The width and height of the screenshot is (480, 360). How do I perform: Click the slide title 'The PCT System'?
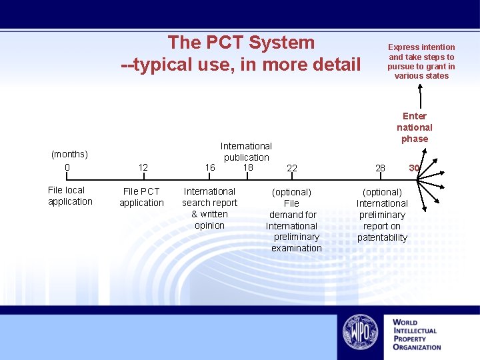(x=241, y=43)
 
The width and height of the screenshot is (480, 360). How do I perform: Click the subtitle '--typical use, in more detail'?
(x=241, y=65)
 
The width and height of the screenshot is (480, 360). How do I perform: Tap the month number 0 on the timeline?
(x=67, y=167)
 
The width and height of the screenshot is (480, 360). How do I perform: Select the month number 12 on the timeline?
(x=143, y=168)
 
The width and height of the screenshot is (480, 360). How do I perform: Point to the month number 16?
(x=210, y=168)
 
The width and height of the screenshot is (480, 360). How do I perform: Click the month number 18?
(x=248, y=167)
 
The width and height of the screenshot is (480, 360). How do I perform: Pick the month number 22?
(x=292, y=169)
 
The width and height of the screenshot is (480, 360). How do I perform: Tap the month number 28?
(x=380, y=168)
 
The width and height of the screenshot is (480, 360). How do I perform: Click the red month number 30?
(x=414, y=168)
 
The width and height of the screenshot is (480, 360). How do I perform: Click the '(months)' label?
(x=69, y=155)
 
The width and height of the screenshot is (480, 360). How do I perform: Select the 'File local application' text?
(x=70, y=195)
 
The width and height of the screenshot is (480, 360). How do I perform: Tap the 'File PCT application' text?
(x=141, y=197)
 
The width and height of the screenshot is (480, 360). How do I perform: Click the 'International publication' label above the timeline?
(x=246, y=151)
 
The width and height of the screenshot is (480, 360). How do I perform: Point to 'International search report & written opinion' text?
(x=209, y=208)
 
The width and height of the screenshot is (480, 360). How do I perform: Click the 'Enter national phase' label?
(x=415, y=127)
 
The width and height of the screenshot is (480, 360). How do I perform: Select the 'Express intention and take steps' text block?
(x=421, y=61)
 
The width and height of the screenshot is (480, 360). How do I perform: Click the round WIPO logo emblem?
(x=361, y=332)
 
